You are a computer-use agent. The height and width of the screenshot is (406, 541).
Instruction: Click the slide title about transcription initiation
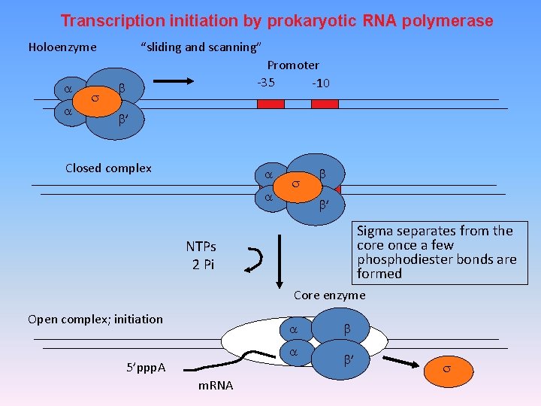[x=277, y=21]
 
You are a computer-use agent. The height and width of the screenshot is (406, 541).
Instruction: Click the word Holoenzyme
[x=62, y=47]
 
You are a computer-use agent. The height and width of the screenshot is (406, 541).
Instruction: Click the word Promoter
[x=293, y=65]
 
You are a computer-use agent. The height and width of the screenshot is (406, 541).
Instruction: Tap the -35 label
[x=266, y=82]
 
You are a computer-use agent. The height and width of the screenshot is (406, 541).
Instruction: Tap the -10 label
[x=321, y=83]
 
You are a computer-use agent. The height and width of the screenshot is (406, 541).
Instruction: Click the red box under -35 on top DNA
[x=270, y=104]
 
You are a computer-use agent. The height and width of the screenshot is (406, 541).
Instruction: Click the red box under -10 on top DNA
[x=325, y=104]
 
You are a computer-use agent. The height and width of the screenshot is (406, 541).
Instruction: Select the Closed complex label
[x=108, y=168]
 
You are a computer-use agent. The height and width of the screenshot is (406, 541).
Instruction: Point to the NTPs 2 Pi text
[x=201, y=256]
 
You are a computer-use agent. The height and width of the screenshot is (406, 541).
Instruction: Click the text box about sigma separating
[x=437, y=253]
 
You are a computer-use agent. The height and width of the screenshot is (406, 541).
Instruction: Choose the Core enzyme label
[x=329, y=295]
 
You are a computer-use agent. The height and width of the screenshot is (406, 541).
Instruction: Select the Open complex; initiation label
[x=95, y=319]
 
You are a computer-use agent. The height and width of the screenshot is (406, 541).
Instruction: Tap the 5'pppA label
[x=146, y=368]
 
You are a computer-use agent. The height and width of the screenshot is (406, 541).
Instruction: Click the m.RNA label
[x=215, y=386]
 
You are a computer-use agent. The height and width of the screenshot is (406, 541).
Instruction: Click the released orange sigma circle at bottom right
[x=446, y=369]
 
